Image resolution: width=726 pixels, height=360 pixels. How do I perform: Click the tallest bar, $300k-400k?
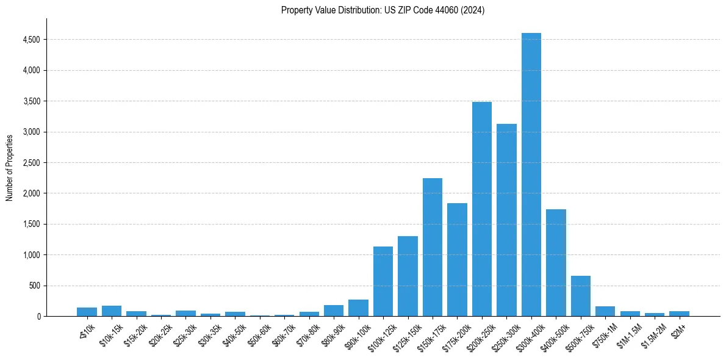531,177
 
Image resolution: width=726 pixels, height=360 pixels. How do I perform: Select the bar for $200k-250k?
481,211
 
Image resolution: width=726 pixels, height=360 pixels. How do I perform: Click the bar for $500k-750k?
580,297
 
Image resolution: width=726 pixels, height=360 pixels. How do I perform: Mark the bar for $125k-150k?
408,277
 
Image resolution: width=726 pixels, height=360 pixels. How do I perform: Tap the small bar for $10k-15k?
112,311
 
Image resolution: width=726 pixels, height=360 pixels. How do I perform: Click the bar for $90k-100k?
358,308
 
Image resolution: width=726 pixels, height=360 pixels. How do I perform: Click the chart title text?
383,10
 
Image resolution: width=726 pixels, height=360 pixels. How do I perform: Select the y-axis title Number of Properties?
10,167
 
